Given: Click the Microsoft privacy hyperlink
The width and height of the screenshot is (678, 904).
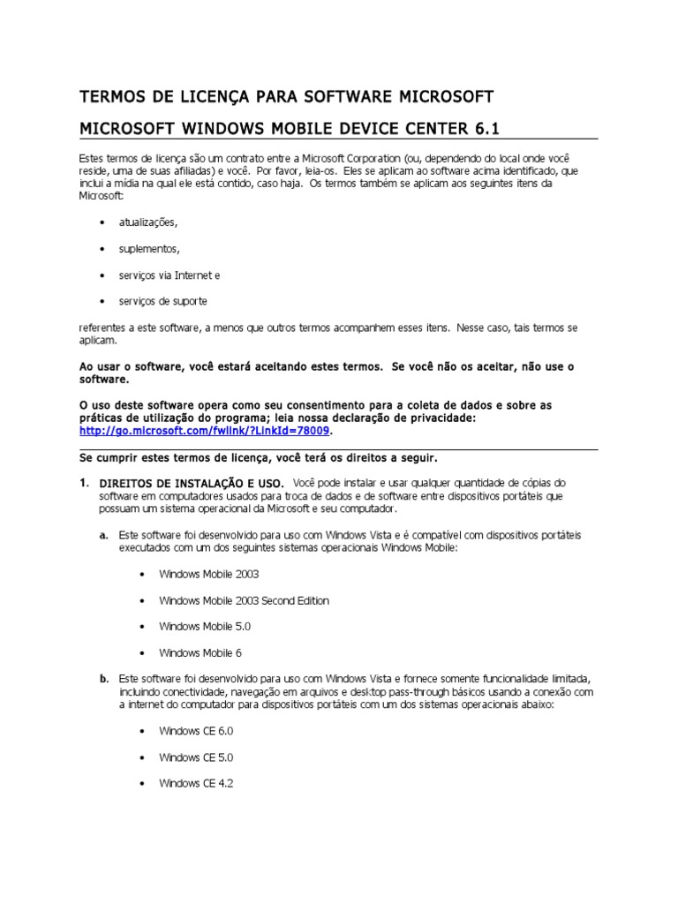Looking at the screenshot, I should pos(205,431).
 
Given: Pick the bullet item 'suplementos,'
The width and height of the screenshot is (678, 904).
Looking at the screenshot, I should pos(149,249).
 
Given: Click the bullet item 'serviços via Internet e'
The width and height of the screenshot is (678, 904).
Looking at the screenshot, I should pos(169,275).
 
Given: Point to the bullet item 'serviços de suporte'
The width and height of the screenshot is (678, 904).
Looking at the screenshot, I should pos(162,301).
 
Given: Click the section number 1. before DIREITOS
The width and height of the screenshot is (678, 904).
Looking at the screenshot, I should pos(84,483).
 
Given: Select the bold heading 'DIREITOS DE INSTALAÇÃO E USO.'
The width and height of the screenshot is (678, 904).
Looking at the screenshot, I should pos(192,484).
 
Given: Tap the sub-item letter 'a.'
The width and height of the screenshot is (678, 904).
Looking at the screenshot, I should pos(103,535).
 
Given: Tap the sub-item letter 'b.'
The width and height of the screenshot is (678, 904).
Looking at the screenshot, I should pos(103,679).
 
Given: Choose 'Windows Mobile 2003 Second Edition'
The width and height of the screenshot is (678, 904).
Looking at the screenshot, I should pos(244,600).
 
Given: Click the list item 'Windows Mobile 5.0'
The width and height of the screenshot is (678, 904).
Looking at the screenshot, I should pos(205,627).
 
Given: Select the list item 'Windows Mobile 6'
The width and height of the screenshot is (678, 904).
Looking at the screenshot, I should pos(200,653).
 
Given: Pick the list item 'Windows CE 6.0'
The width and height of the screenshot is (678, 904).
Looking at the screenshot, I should pos(196,732).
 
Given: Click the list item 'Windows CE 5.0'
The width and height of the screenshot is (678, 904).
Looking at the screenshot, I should pos(196,757).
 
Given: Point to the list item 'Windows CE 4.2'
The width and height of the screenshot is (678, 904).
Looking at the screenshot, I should pos(196,784).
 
